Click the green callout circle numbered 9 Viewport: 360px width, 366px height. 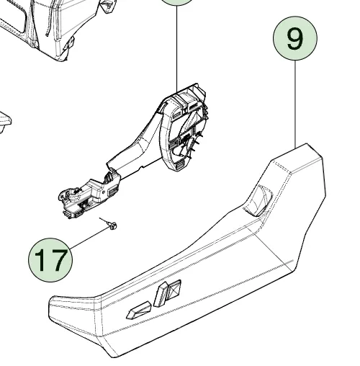295,38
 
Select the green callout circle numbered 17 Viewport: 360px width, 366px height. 50,259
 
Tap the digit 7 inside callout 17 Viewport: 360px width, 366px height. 59,260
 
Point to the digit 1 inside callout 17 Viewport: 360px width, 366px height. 41,260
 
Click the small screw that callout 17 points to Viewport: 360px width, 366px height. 112,226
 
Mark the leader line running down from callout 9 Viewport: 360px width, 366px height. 295,104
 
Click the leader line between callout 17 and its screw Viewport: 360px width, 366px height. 89,238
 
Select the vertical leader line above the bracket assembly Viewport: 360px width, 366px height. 177,49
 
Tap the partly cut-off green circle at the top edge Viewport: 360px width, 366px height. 177,2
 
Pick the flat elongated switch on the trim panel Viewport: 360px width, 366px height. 139,311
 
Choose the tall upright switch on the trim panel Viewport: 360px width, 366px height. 161,294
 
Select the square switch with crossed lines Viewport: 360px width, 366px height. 174,290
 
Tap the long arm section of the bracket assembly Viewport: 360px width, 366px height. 135,149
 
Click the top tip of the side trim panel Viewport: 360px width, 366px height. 307,143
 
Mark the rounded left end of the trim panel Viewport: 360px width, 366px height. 55,312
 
